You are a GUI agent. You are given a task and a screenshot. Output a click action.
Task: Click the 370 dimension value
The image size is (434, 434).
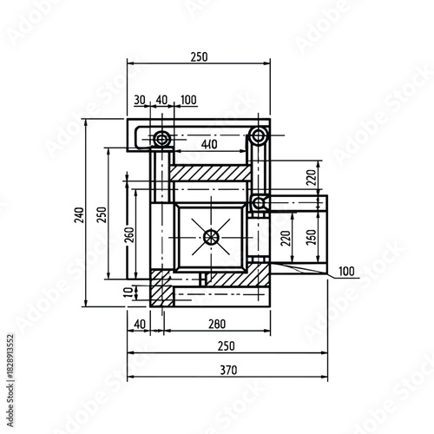pyautogui.click(x=227, y=370)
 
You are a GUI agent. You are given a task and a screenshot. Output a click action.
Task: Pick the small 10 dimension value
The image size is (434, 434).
pyautogui.click(x=128, y=291)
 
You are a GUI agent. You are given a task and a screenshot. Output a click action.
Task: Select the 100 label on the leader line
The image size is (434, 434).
pyautogui.click(x=345, y=272)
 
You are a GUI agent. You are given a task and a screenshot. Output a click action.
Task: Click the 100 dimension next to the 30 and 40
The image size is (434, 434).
pyautogui.click(x=187, y=100)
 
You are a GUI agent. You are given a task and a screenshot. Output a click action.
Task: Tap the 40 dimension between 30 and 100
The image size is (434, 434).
pyautogui.click(x=161, y=100)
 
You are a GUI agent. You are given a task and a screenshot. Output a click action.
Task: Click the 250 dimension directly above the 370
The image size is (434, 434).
pyautogui.click(x=227, y=345)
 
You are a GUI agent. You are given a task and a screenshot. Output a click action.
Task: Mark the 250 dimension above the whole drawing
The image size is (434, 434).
pyautogui.click(x=199, y=56)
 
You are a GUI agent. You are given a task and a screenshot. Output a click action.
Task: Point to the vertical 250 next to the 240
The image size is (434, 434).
pyautogui.click(x=102, y=213)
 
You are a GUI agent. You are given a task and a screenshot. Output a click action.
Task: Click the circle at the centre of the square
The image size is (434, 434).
pyautogui.click(x=211, y=236)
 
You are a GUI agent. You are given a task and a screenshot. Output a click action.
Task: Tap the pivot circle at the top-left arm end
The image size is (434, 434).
pyautogui.click(x=161, y=139)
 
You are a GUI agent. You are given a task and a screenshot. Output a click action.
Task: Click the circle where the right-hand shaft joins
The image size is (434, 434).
pyautogui.click(x=259, y=202)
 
